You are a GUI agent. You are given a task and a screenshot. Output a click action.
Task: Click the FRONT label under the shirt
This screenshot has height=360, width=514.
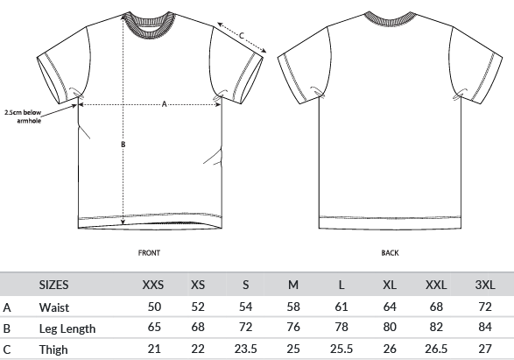[149, 253]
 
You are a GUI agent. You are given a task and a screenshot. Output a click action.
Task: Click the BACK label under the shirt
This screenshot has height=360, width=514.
[390, 253]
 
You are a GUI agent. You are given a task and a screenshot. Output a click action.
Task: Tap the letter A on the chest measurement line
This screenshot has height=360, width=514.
[165, 104]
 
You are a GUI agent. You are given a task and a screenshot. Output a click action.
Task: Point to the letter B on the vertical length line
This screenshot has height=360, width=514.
[123, 145]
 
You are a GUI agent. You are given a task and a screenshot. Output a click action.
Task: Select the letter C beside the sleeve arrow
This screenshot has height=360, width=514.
[242, 35]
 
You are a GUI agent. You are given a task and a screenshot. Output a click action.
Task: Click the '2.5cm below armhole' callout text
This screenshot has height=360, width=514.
[23, 116]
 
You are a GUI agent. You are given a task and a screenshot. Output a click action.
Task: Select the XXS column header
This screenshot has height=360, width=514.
[152, 285]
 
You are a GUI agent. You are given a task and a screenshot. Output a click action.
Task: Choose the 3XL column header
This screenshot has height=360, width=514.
[485, 285]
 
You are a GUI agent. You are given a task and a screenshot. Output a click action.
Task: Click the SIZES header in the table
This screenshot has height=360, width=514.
[53, 285]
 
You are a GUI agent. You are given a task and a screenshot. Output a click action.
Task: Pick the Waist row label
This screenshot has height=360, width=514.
[54, 307]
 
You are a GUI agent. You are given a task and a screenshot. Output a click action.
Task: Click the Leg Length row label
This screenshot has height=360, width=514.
[67, 328]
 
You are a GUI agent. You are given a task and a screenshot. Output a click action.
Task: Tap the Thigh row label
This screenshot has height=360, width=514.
[53, 349]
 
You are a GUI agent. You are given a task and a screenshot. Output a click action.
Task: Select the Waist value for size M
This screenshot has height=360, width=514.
[293, 307]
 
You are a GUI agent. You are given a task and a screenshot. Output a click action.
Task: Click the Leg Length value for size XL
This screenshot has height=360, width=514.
[390, 327]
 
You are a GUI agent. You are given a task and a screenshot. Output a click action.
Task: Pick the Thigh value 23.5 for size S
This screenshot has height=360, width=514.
[245, 349]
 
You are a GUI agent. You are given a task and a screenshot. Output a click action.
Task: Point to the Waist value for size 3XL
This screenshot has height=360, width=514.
[485, 307]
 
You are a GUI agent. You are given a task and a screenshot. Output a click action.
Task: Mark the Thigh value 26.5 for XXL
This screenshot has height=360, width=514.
[436, 349]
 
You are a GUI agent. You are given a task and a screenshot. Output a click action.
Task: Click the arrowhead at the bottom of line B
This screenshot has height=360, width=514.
[123, 222]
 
